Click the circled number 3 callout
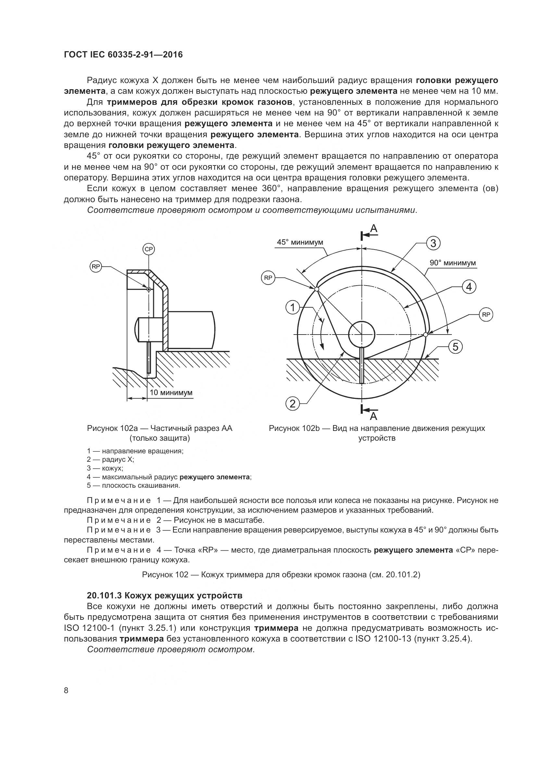pos(433,243)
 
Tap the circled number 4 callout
pos(469,287)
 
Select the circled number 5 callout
pos(455,347)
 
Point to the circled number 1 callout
pos(292,308)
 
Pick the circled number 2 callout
pos(293,404)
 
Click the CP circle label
pos(149,249)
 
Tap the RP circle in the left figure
pos(96,267)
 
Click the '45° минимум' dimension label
pos(300,242)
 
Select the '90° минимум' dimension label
pos(453,263)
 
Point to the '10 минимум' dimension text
pos(171,393)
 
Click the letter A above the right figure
pos(374,228)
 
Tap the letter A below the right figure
pos(374,416)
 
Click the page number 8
pos(66,690)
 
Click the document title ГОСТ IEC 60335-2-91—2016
pos(123,55)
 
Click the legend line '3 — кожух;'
pos(105,468)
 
